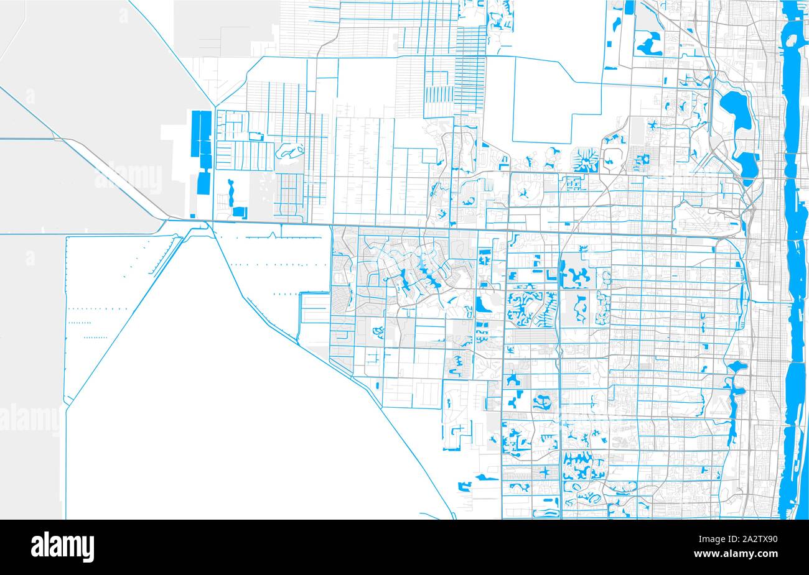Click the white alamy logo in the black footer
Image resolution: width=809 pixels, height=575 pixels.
click(62, 546)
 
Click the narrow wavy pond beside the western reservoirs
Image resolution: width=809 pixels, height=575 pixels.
click(231, 193)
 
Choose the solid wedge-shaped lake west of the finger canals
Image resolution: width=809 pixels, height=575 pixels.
click(481, 305)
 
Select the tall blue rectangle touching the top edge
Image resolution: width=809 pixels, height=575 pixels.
click(629, 7)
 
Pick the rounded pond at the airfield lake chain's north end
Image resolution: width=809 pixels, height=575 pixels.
click(735, 365)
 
